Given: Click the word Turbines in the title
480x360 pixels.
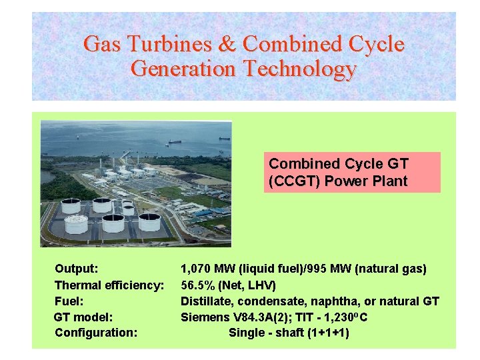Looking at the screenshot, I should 165,45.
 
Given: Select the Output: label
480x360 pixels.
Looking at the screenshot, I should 77,269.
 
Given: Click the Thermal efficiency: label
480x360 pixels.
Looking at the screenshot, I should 109,285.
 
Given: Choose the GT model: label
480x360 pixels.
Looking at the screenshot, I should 84,317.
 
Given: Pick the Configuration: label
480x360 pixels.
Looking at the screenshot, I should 96,332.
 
